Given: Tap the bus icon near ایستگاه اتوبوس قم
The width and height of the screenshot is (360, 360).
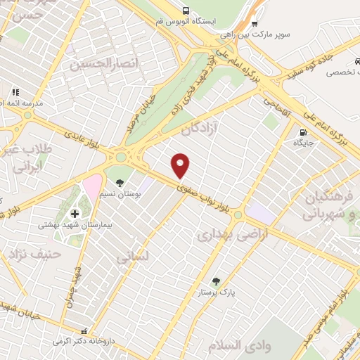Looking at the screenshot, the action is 186,11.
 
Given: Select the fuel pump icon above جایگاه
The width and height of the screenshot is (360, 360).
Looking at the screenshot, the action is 304,131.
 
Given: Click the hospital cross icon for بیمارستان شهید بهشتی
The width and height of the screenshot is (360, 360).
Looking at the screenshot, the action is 75,213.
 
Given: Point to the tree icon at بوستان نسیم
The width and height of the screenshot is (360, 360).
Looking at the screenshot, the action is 120,182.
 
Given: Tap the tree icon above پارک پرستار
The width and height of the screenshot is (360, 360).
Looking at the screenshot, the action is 216,281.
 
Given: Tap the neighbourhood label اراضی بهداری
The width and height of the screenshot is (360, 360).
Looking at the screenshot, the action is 226,234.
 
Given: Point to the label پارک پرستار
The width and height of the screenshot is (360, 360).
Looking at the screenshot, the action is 216,290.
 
